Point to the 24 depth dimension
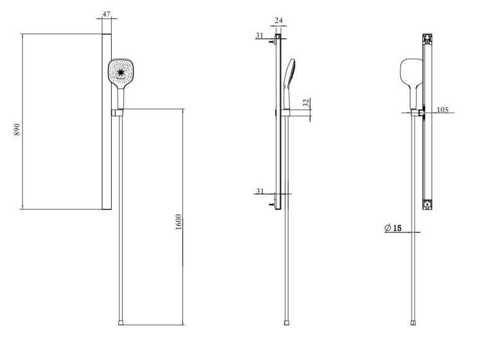coord(278,20)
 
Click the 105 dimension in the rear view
coord(442,110)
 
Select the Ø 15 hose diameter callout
coord(393,229)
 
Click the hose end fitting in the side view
coord(288,323)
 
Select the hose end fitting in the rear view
coord(415,323)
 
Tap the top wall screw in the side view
coord(273,42)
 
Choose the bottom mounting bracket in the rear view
coord(427,203)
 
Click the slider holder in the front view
coord(118,113)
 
